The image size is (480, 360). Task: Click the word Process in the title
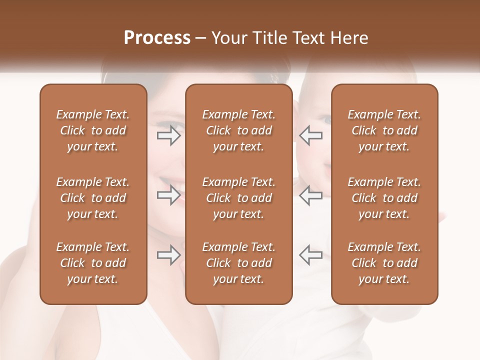[x=157, y=38]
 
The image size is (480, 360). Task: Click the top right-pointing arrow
[x=168, y=135]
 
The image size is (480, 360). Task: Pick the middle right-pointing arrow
[x=168, y=195]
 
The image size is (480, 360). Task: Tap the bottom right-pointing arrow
[x=168, y=255]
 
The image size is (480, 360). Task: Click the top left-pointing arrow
[x=311, y=135]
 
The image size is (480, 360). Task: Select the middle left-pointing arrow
[x=311, y=195]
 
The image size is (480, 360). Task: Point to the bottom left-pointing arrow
[x=311, y=255]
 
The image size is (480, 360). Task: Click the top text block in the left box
[x=93, y=130]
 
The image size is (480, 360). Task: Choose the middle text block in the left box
[x=93, y=198]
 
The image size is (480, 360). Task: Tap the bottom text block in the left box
[x=93, y=263]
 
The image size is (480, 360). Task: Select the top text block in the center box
[x=238, y=130]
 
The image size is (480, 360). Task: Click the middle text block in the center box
[x=238, y=198]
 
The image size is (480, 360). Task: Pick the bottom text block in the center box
[x=238, y=263]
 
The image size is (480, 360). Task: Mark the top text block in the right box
[x=384, y=130]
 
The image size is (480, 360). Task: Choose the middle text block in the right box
[x=384, y=198]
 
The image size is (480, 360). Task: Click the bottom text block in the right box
[x=384, y=263]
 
